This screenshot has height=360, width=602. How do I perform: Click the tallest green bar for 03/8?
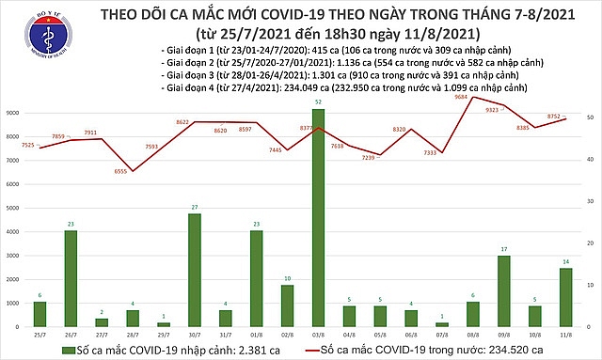pyautogui.click(x=318, y=217)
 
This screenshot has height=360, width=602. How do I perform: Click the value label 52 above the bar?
pyautogui.click(x=318, y=102)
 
